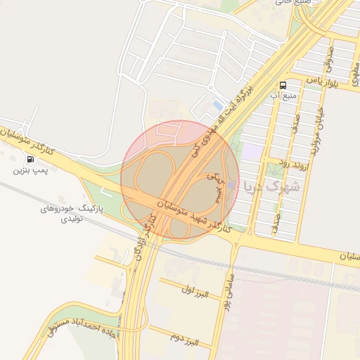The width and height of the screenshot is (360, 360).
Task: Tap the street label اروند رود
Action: pos(274,162)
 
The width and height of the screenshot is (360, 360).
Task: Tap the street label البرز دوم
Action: pos(184,338)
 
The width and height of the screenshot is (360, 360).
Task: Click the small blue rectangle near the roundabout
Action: pos(217,105)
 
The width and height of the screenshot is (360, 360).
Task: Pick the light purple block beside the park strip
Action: pos(251,150)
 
